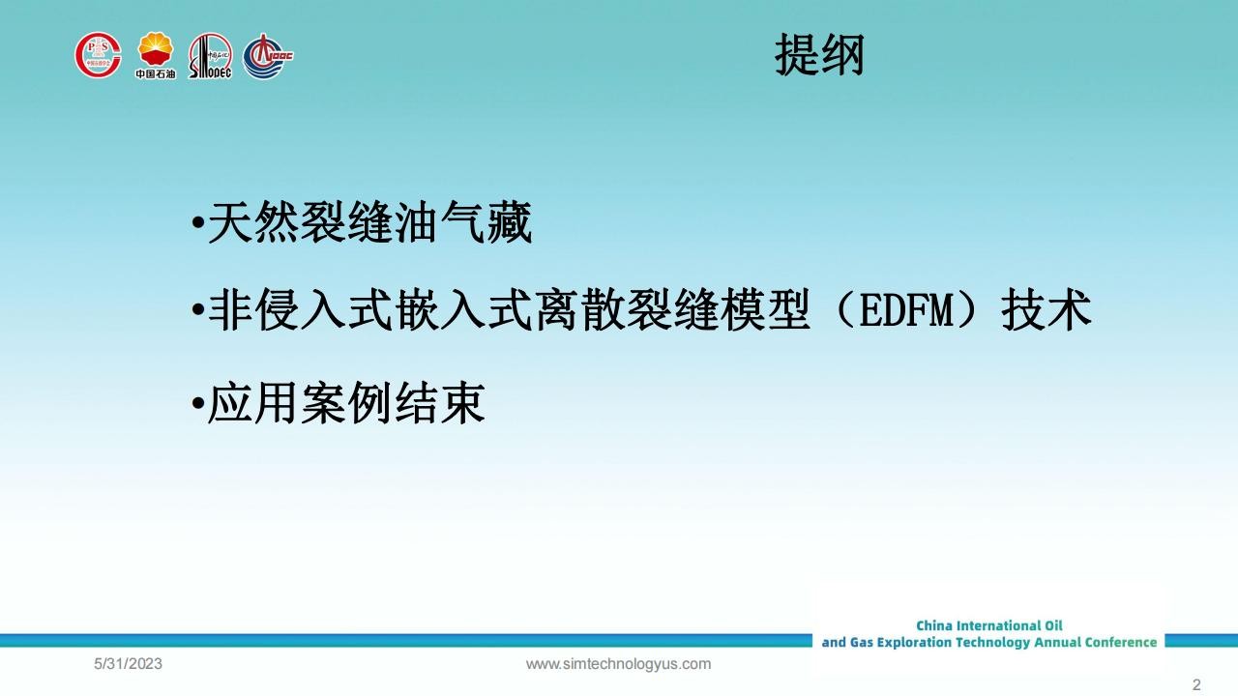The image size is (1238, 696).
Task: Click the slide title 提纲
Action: (x=819, y=54)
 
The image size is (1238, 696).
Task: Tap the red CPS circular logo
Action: (x=98, y=55)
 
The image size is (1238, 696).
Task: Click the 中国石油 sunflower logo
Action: (x=156, y=55)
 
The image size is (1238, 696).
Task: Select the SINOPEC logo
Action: (x=210, y=56)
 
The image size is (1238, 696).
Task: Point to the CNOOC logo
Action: (x=268, y=56)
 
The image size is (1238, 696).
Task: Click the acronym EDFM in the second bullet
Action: (x=907, y=310)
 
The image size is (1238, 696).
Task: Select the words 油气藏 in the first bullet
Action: (x=463, y=222)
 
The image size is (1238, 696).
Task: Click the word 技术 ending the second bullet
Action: (x=1046, y=309)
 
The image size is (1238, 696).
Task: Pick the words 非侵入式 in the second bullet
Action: (x=300, y=309)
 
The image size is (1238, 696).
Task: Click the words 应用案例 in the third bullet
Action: (x=300, y=403)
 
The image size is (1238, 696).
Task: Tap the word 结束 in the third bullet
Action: (x=440, y=403)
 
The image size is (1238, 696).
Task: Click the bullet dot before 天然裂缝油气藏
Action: (x=197, y=222)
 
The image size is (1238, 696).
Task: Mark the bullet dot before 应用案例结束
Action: (x=197, y=403)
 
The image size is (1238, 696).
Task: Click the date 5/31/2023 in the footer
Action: (x=129, y=664)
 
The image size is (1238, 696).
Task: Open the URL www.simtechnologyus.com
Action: (x=618, y=664)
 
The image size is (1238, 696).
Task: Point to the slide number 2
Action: (x=1196, y=685)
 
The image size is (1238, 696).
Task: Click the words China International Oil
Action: (x=989, y=625)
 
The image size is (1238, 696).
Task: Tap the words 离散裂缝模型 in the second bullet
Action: (x=672, y=309)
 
